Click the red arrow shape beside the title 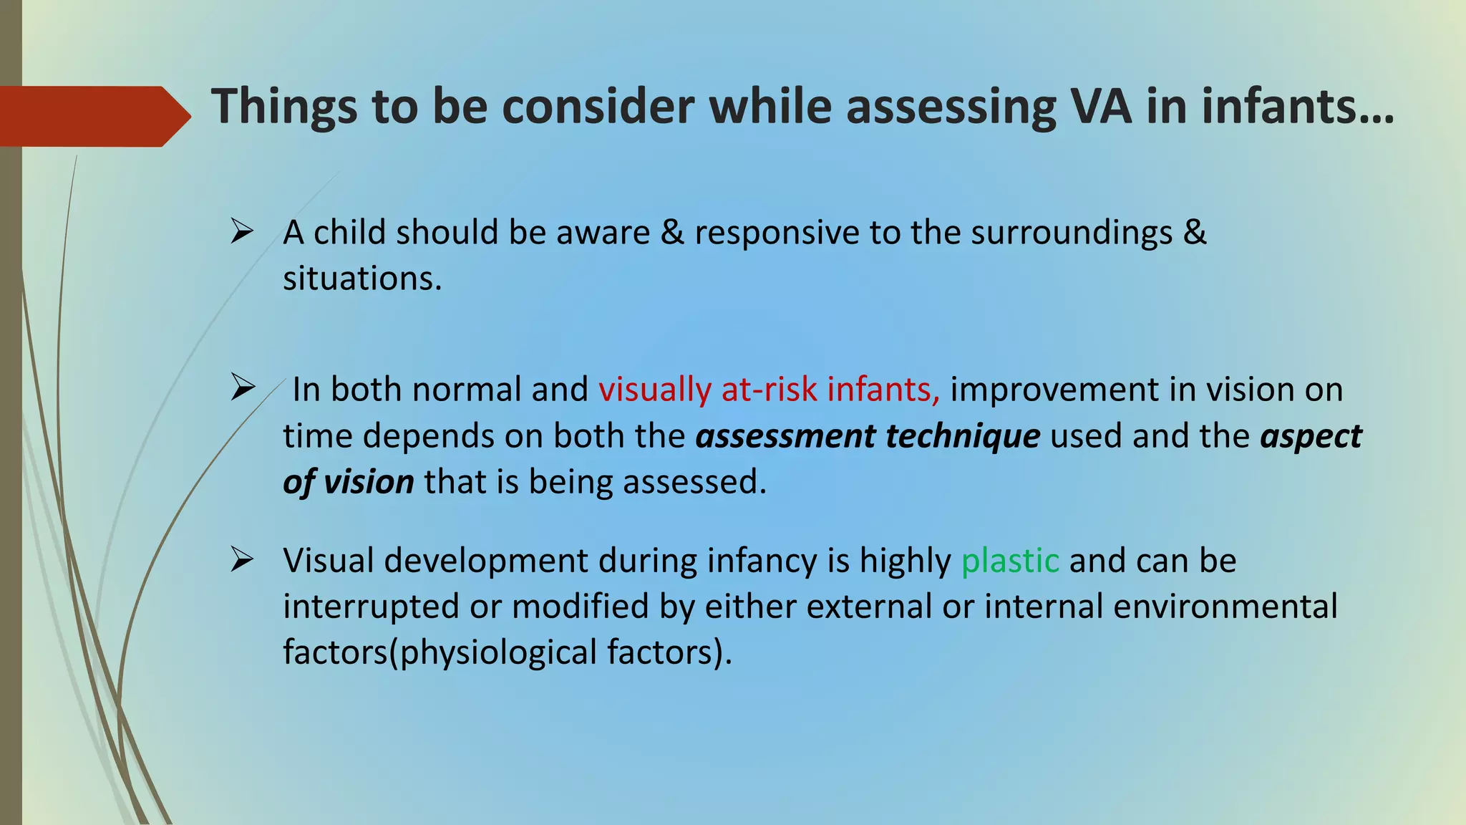(93, 116)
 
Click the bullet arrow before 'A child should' (242, 232)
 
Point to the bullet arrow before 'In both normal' (243, 388)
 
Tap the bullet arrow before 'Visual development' (242, 559)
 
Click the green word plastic (1009, 561)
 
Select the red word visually (654, 390)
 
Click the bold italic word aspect (1311, 437)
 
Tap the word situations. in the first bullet (362, 278)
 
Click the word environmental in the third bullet (1225, 607)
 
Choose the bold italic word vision (368, 482)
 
